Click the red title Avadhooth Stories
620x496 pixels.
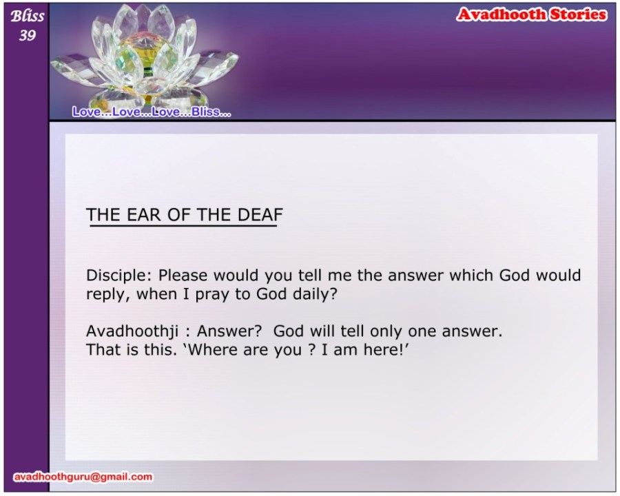pos(531,14)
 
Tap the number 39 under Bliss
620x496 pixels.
pos(28,36)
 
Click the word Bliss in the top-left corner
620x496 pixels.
pos(28,16)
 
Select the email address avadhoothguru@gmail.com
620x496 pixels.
pos(83,477)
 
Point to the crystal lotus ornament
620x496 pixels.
pos(145,55)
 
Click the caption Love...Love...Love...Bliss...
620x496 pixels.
pos(152,112)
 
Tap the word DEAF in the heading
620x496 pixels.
pos(260,215)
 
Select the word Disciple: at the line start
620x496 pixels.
pos(118,276)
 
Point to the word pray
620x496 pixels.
pos(213,295)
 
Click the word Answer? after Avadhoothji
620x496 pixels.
pos(229,331)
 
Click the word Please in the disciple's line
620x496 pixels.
pos(183,276)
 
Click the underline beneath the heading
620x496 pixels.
pos(183,226)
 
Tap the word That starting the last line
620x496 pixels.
pos(103,350)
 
